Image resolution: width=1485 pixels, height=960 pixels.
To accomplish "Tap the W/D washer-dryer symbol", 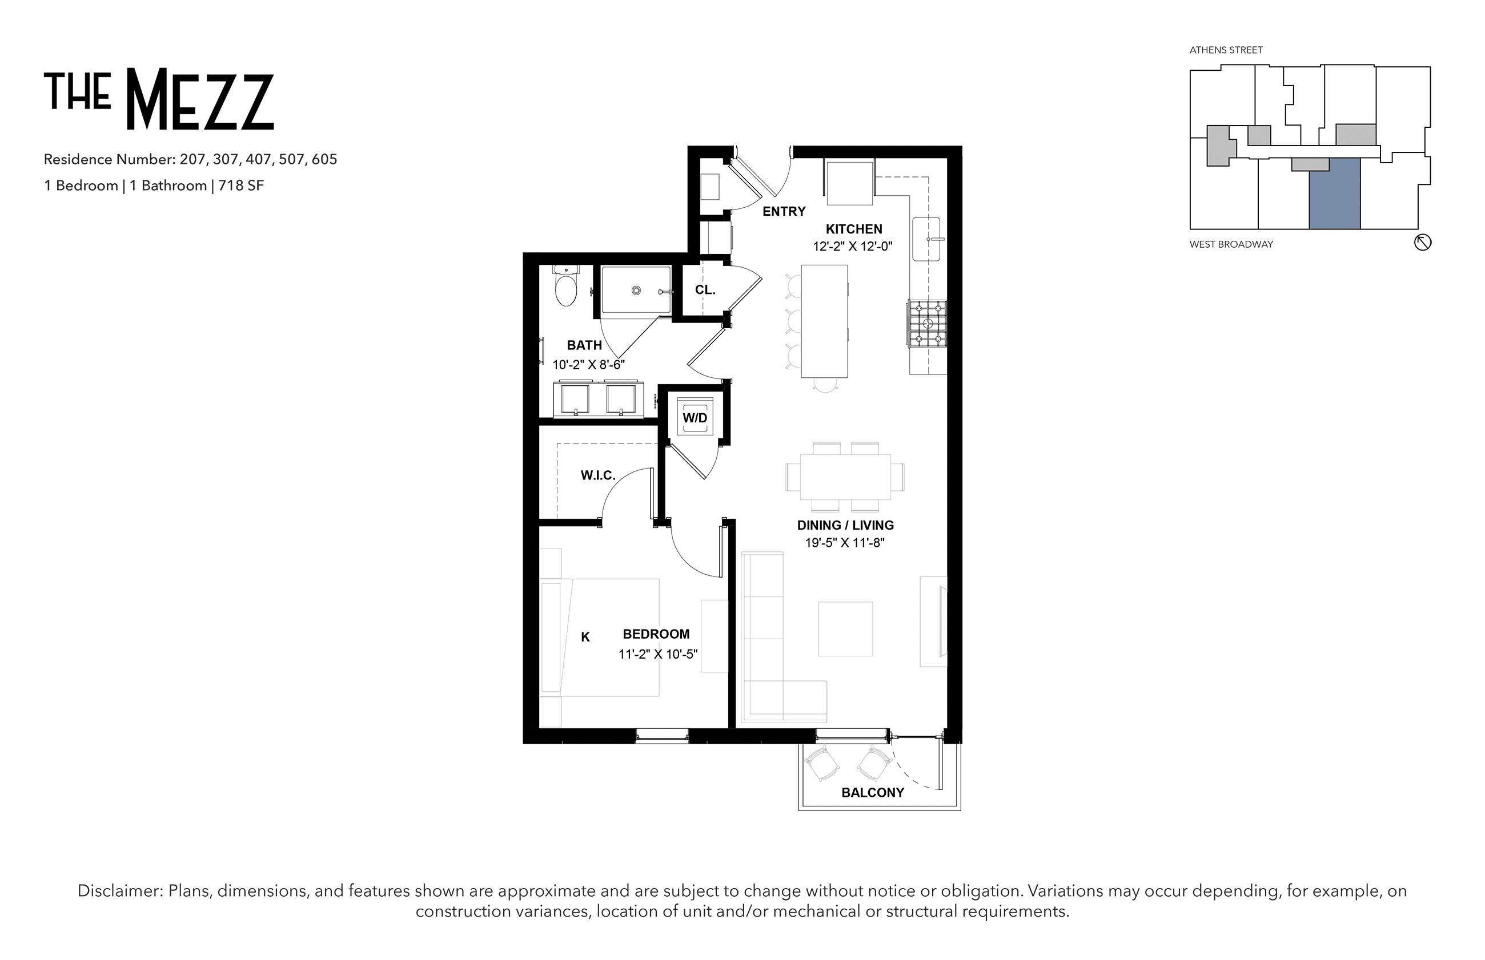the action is [694, 417].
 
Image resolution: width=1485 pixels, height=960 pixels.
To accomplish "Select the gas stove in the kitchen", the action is [928, 324].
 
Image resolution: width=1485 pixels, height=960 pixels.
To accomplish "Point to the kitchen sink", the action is [927, 239].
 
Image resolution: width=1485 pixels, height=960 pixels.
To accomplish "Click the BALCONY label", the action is [873, 792].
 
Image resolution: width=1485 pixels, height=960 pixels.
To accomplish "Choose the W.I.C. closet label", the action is [598, 475].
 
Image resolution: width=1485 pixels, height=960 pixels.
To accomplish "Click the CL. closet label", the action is [705, 290].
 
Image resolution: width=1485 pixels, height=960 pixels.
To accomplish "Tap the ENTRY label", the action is [784, 211].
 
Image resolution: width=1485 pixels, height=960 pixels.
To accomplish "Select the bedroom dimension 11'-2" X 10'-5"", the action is [658, 654].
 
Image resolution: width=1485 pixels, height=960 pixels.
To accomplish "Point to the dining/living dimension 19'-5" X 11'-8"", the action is [845, 542].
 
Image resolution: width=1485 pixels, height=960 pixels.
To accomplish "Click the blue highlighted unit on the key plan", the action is [1335, 194].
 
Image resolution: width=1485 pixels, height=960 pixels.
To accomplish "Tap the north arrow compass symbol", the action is [1423, 243].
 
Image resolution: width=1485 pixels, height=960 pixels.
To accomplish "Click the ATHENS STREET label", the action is [1226, 50].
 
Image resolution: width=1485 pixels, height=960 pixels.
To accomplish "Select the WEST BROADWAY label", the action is [1231, 244].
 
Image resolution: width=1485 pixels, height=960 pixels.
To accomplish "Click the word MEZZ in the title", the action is [200, 99].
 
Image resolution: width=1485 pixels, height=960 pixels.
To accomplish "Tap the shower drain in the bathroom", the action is [636, 291].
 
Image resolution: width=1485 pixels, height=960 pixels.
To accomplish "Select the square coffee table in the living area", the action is [845, 628].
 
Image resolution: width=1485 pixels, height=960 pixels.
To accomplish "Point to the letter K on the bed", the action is [585, 636].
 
